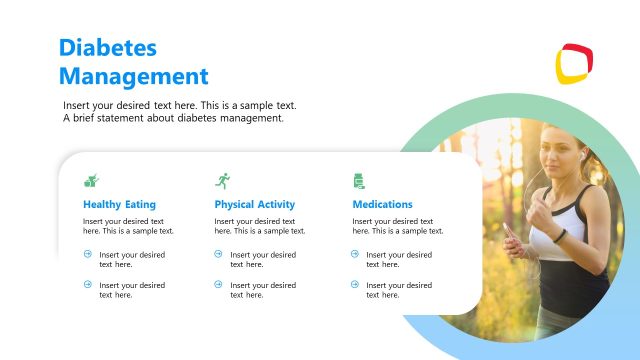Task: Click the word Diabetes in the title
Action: [x=108, y=48]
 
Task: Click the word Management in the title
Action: [x=133, y=76]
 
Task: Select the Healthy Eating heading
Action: [x=119, y=204]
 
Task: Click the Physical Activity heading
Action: [x=254, y=204]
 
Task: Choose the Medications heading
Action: [x=382, y=204]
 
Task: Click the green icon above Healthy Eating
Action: [x=91, y=180]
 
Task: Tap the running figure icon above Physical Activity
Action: [x=222, y=180]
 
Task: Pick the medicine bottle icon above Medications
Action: [x=357, y=180]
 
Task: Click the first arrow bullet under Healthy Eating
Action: [x=87, y=254]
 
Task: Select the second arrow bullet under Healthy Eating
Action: [x=87, y=285]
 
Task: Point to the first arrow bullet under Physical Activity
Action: [x=219, y=254]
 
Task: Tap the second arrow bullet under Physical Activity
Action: [x=219, y=285]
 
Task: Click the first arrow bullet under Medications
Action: [x=355, y=254]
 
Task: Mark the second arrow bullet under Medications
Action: [x=355, y=285]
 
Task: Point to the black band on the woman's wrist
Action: [x=560, y=236]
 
